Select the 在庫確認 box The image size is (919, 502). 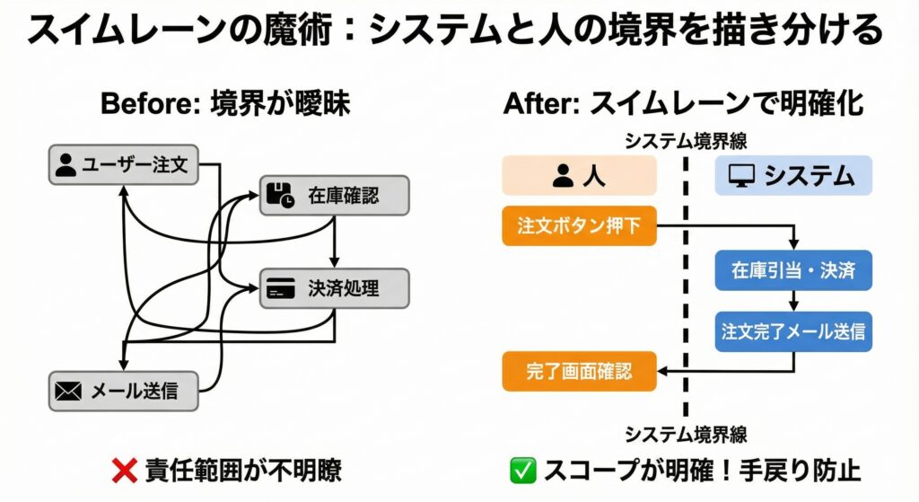pos(334,194)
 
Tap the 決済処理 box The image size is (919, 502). pos(334,288)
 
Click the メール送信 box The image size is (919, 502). pos(123,391)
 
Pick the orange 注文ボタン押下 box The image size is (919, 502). pos(579,226)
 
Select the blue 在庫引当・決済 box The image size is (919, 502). pos(793,270)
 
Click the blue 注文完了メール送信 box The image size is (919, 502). pos(793,331)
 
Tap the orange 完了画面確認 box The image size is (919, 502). pos(579,371)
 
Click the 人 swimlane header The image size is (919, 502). pos(579,176)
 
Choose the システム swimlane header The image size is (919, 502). pos(793,176)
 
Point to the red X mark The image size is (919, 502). pos(123,470)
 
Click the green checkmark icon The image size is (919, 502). pos(521,470)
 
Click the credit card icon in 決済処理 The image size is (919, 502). pos(281,289)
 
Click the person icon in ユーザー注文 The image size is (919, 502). pos(66,165)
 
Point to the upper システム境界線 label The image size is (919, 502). pos(686,141)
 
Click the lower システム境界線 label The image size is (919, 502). pos(686,435)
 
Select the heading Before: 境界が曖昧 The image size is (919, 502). pos(224,103)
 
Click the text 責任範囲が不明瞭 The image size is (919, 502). pos(242,470)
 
